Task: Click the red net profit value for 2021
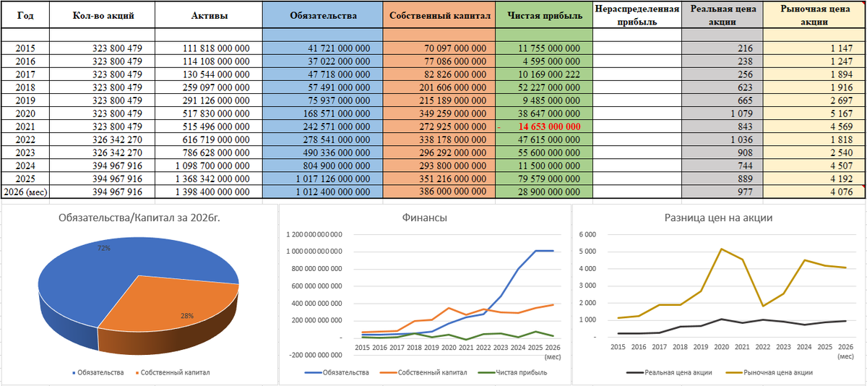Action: click(549, 126)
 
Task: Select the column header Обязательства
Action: click(323, 15)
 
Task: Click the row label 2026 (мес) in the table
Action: click(25, 192)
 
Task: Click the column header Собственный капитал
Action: click(440, 15)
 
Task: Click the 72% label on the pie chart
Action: click(104, 248)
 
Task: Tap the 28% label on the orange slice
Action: click(187, 316)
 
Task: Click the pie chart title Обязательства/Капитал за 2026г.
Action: click(139, 218)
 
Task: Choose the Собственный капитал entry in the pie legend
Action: click(173, 372)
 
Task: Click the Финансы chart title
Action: click(424, 218)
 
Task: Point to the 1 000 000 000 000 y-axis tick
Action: click(314, 252)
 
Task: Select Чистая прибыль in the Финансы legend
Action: click(513, 372)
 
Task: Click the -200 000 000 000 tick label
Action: click(316, 355)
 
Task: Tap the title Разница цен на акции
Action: click(718, 218)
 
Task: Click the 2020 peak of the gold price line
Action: click(722, 249)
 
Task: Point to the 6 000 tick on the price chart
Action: click(587, 235)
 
